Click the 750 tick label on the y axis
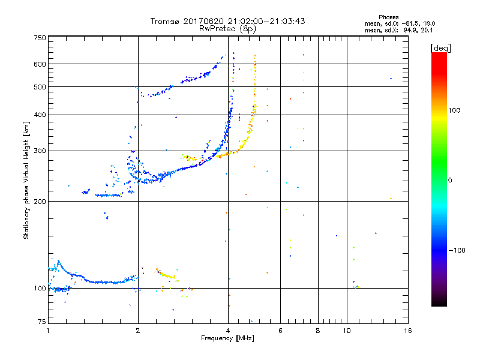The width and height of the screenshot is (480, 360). (40, 38)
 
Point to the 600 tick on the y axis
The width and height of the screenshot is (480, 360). (40, 64)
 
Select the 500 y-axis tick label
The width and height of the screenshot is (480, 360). (40, 87)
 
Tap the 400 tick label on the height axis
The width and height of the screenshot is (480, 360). (40, 115)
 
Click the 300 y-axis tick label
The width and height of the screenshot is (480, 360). (40, 151)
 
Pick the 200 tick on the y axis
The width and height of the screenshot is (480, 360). (40, 201)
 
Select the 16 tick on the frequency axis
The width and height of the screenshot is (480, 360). (407, 330)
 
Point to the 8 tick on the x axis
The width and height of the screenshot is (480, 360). (318, 330)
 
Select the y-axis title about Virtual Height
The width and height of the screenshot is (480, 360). (26, 180)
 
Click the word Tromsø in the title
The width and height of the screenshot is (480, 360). (166, 21)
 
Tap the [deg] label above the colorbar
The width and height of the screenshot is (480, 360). (440, 47)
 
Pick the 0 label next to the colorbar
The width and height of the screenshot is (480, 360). (451, 180)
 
